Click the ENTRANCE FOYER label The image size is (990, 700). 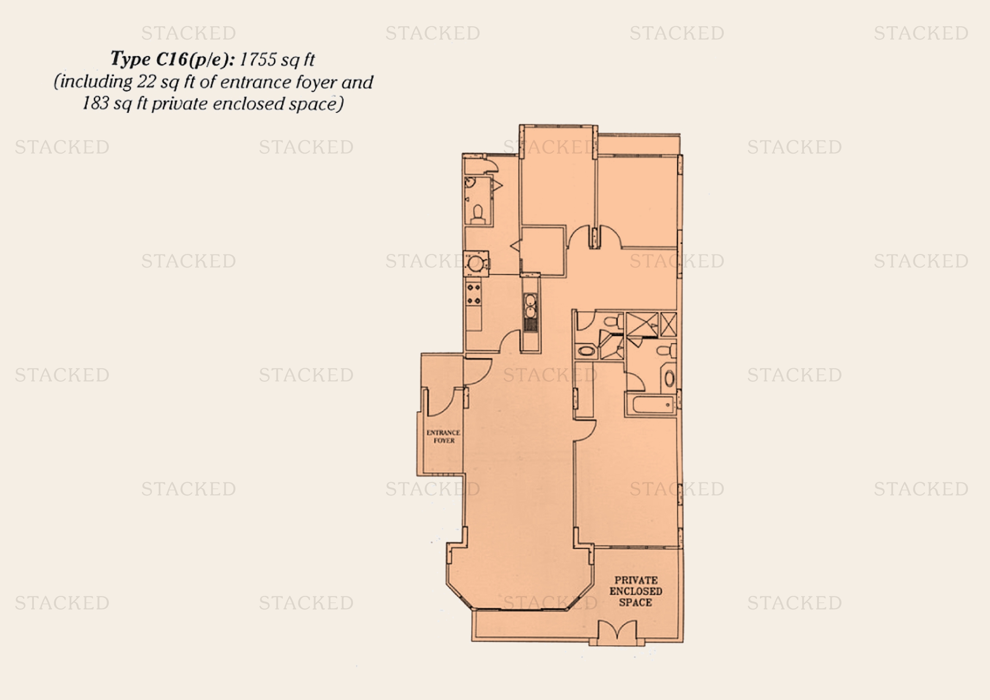click(x=443, y=436)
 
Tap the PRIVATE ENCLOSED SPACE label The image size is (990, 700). click(x=636, y=591)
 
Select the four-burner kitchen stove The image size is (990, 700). click(x=474, y=294)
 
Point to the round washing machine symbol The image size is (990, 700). click(x=476, y=263)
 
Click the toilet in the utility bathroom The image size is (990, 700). click(x=477, y=214)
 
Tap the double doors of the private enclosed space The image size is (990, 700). click(x=618, y=630)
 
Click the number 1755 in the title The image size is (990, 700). click(x=257, y=60)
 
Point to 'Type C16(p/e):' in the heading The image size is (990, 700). click(x=172, y=59)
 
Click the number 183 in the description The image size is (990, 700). click(x=95, y=103)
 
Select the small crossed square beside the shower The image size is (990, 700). click(x=668, y=324)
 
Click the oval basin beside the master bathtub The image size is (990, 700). click(x=669, y=379)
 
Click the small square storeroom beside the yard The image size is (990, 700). click(x=543, y=251)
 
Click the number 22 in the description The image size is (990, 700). click(x=146, y=82)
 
